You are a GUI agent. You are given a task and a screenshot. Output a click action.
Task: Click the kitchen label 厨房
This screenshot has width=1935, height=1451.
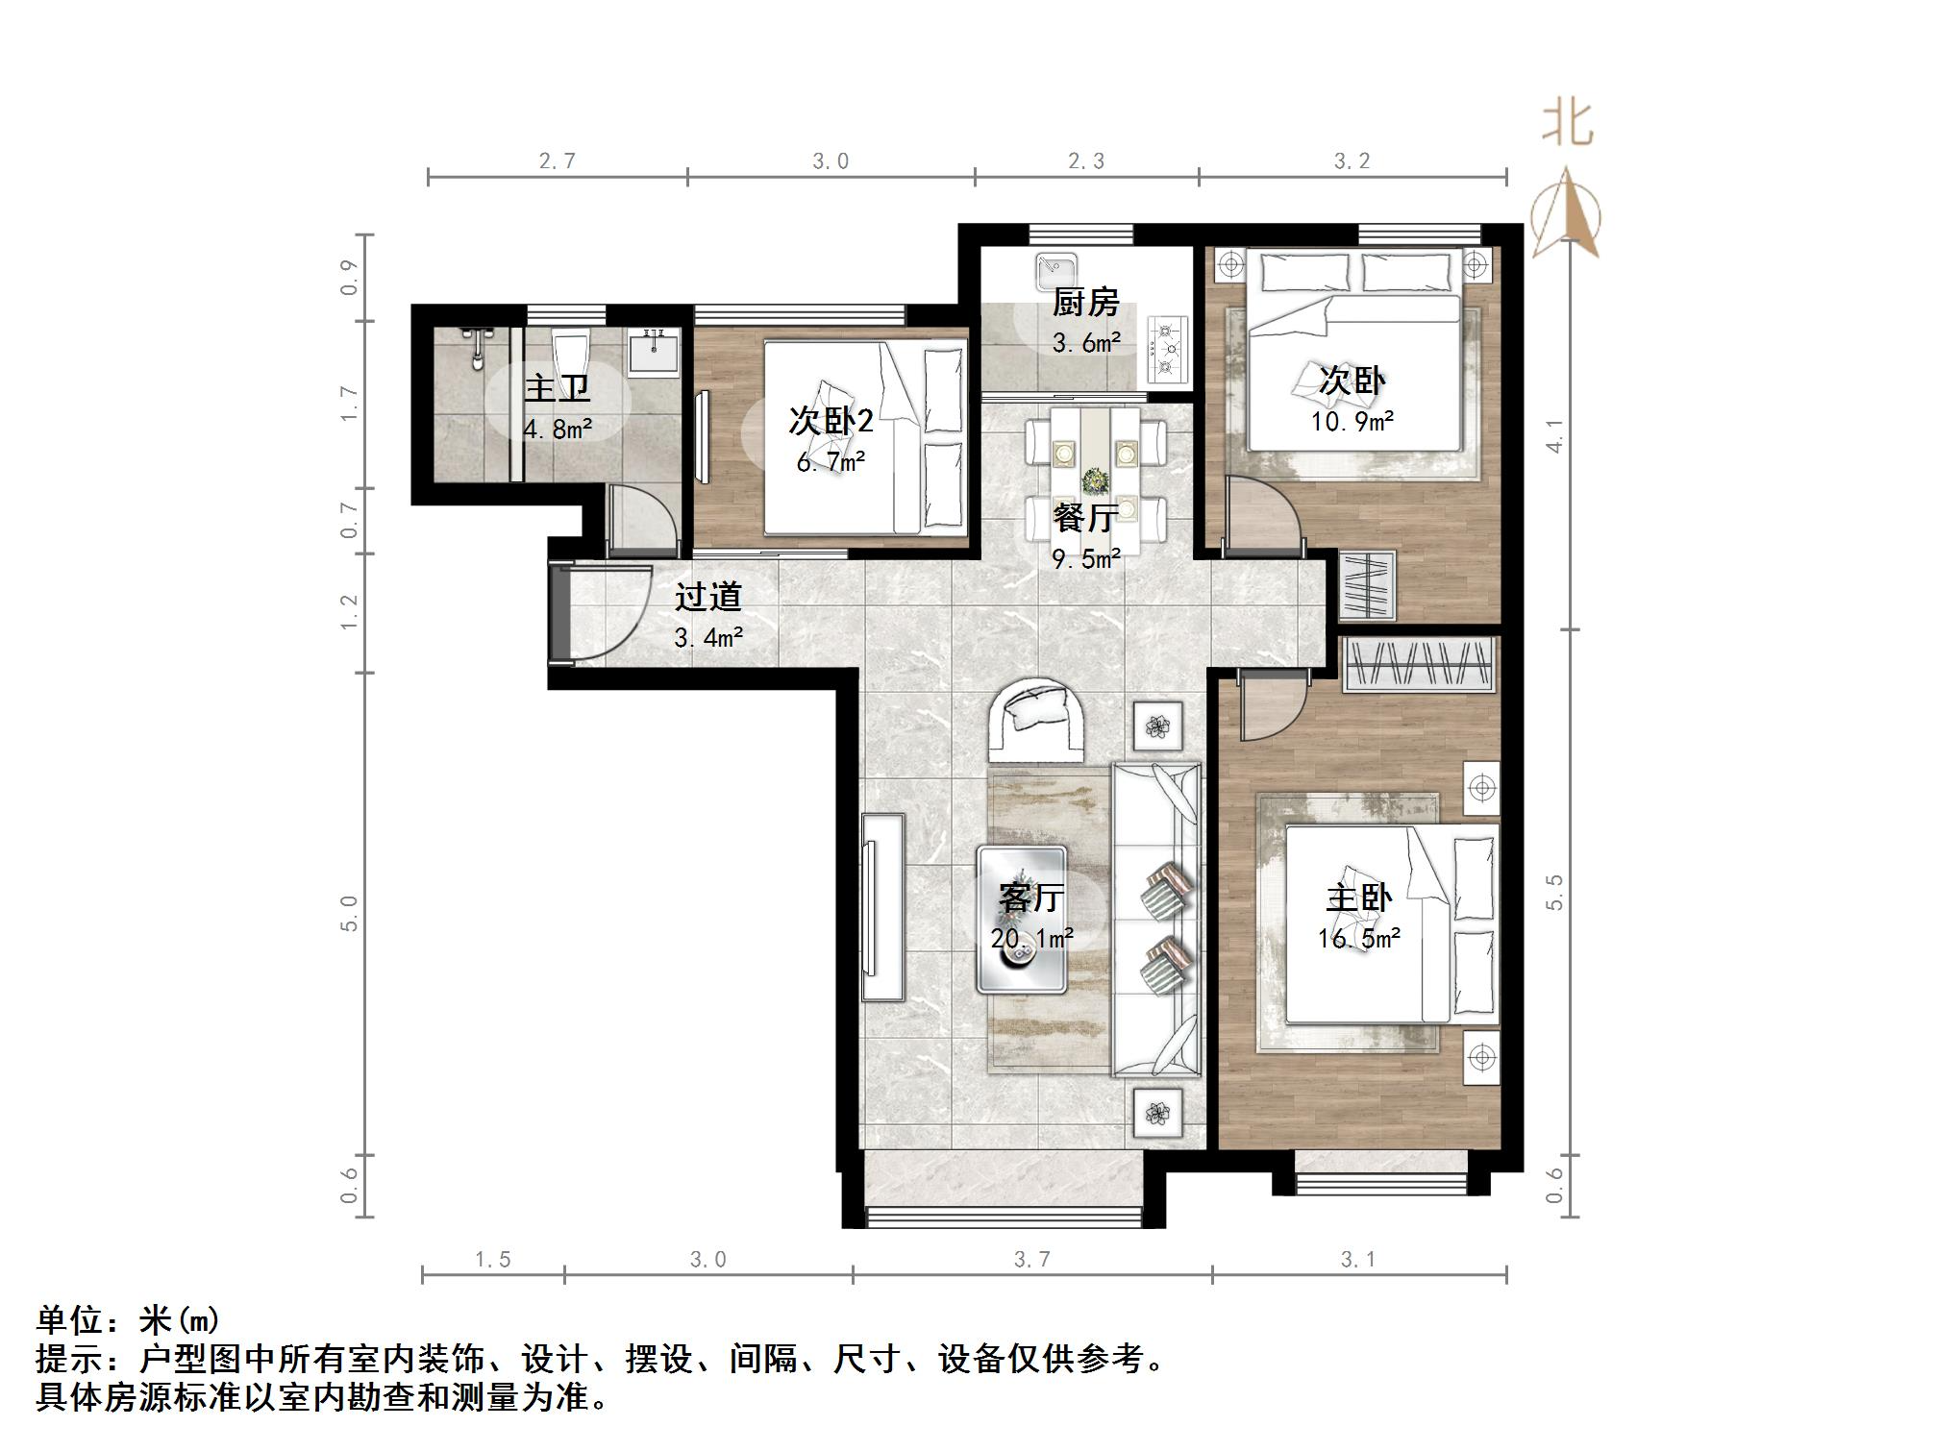click(x=1085, y=303)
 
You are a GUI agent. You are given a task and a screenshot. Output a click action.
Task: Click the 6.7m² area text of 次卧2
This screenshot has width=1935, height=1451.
click(x=831, y=462)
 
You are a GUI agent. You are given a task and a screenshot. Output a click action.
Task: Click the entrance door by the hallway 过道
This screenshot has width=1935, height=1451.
click(x=560, y=613)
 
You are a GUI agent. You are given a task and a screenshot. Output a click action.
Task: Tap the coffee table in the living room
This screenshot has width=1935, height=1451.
click(x=1022, y=919)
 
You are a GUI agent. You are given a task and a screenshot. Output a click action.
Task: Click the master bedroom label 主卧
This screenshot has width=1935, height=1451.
click(x=1358, y=898)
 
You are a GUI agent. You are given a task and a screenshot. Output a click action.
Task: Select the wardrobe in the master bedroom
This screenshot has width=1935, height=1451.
click(x=1420, y=663)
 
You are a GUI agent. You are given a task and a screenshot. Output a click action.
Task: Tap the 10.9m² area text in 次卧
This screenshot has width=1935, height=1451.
click(x=1352, y=421)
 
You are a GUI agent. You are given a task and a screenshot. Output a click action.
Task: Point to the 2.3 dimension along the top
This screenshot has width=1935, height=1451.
click(x=1086, y=161)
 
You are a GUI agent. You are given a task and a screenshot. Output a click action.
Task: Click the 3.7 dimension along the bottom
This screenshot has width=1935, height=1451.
click(x=1032, y=1260)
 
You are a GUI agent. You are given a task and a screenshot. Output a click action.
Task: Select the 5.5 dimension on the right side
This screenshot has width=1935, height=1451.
click(x=1554, y=892)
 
